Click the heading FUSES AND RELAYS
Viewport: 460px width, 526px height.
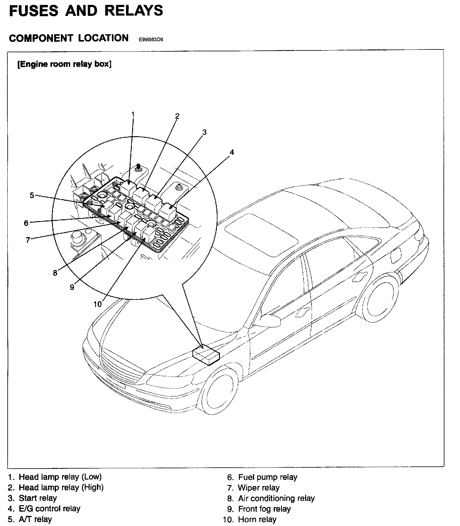pos(86,11)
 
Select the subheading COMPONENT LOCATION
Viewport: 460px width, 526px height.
pos(69,38)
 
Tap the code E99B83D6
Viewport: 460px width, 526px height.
pos(151,39)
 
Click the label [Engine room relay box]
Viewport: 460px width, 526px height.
pos(65,64)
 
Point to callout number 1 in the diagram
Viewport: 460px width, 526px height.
pos(133,114)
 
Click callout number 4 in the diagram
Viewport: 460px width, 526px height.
pos(232,152)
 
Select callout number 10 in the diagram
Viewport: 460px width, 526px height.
pos(97,304)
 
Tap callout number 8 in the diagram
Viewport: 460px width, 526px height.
pos(55,273)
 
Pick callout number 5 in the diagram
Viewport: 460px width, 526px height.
pos(32,195)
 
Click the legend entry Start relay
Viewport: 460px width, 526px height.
pos(38,498)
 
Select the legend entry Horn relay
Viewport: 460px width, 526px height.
pos(257,519)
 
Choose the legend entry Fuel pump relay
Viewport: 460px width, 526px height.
pos(267,477)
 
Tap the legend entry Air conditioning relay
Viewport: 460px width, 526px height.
pos(276,498)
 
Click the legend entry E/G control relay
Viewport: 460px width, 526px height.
pos(49,509)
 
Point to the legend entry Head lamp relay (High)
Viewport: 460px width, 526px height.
pos(61,488)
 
